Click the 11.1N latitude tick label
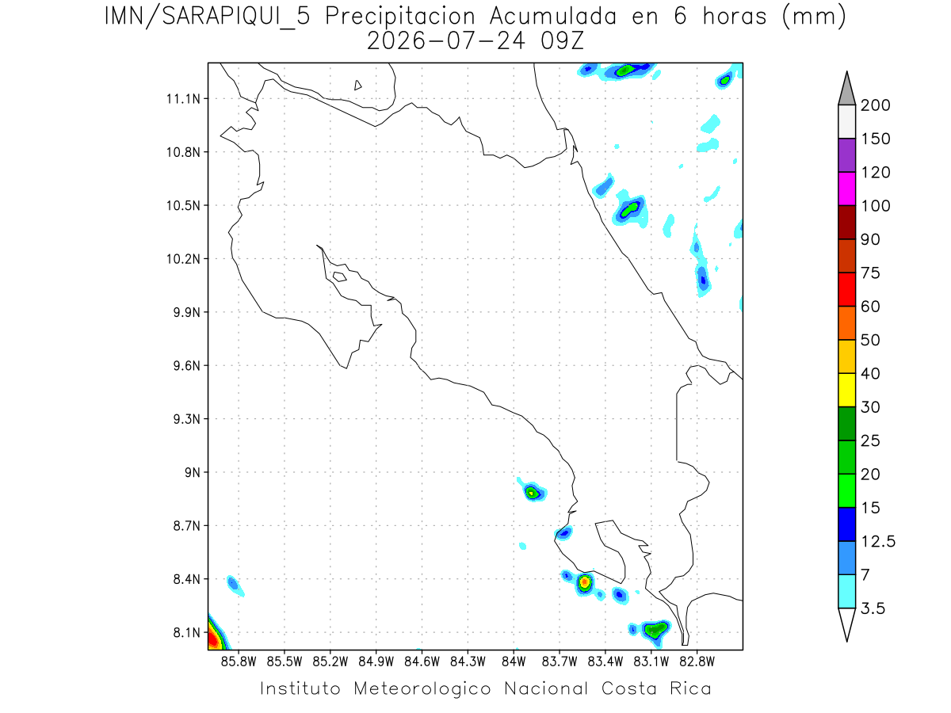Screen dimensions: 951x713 coord(183,99)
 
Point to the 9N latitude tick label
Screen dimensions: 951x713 coord(192,472)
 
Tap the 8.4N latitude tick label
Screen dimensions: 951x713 coord(186,579)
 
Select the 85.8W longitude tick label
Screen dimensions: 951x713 coord(239,662)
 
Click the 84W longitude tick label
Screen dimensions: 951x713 coord(514,662)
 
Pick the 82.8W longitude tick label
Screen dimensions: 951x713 coord(697,662)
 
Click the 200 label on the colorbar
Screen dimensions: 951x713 coord(875,105)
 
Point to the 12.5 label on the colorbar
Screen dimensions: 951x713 coord(878,541)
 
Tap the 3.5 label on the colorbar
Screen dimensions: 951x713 coord(873,608)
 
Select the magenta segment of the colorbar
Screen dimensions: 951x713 coord(846,189)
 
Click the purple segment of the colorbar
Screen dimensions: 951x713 coord(846,155)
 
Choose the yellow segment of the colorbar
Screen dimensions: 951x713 coord(846,390)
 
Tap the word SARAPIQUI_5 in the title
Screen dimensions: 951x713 coord(236,17)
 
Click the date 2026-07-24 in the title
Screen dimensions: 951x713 coord(446,41)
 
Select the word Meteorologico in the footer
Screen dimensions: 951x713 coord(422,688)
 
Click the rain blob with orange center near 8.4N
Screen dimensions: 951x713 coord(584,582)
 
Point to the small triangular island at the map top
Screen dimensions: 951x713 coord(357,85)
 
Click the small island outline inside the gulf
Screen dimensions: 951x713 coord(340,276)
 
